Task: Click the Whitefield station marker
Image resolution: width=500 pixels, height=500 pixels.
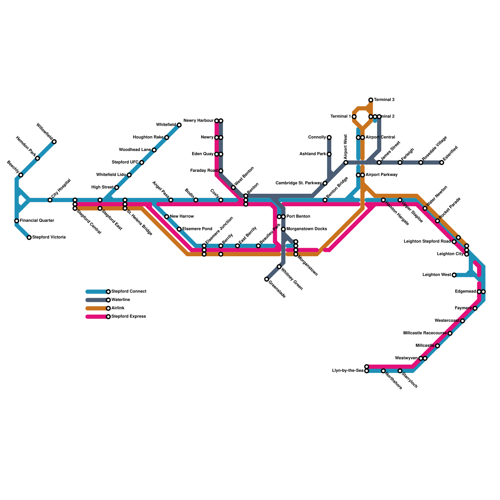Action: pyautogui.click(x=179, y=125)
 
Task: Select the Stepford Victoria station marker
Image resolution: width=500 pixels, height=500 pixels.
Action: pyautogui.click(x=29, y=237)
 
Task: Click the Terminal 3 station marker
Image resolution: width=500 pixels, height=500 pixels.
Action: pyautogui.click(x=371, y=100)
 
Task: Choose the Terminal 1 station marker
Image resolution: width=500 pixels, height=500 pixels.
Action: pyautogui.click(x=354, y=117)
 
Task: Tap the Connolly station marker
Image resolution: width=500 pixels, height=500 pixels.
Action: pyautogui.click(x=329, y=137)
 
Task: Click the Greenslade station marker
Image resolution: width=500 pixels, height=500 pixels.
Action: pyautogui.click(x=267, y=279)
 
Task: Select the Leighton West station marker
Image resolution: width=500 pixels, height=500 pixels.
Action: pyautogui.click(x=454, y=275)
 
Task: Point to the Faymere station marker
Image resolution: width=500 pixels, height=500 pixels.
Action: pyautogui.click(x=475, y=308)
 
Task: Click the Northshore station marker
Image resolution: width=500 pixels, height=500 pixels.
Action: pyautogui.click(x=383, y=371)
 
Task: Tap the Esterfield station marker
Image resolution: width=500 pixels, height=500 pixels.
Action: pyautogui.click(x=442, y=162)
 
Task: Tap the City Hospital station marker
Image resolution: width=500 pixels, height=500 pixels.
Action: pyautogui.click(x=50, y=200)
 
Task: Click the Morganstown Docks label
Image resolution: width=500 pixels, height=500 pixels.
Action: pyautogui.click(x=307, y=229)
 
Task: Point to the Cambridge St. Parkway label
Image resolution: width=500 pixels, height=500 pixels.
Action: pyautogui.click(x=298, y=183)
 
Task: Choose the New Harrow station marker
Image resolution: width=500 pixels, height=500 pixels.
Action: pyautogui.click(x=167, y=217)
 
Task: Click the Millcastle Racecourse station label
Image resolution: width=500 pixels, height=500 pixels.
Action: pyautogui.click(x=425, y=333)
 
